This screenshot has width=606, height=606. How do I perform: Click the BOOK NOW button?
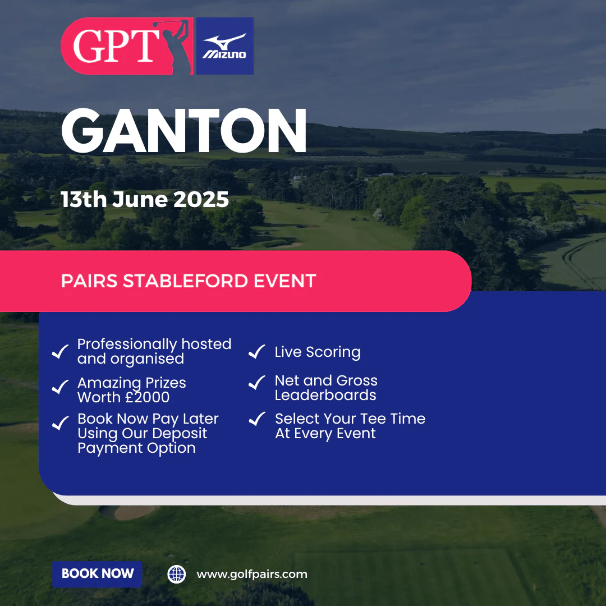click(97, 574)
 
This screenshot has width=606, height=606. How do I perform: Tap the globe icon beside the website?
click(177, 575)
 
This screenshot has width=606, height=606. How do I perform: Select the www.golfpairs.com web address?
click(252, 575)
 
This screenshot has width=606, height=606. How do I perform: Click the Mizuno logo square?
click(224, 46)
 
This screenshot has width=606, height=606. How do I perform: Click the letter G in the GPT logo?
click(88, 47)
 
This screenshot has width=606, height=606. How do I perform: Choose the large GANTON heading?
click(184, 131)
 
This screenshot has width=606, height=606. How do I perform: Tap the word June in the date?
click(140, 200)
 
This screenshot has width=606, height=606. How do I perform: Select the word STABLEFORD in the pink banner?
click(186, 281)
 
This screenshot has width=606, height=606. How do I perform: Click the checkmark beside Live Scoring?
click(256, 351)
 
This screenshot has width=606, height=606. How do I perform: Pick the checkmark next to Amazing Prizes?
click(60, 387)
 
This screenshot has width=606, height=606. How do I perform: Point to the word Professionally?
click(127, 345)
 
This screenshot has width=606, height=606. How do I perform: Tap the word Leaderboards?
click(325, 396)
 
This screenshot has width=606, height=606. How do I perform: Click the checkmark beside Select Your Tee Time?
click(257, 419)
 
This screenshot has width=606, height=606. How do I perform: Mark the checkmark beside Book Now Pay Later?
click(60, 423)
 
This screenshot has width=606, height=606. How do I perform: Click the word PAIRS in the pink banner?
click(89, 281)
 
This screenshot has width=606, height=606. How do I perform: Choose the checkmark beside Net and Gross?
click(256, 383)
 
